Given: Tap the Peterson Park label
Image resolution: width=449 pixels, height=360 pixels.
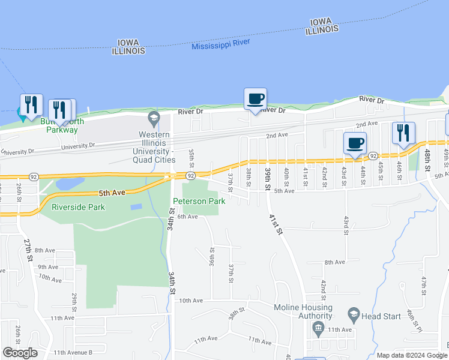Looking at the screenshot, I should (199, 201).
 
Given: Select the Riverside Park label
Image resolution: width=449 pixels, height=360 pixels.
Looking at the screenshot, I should (79, 207).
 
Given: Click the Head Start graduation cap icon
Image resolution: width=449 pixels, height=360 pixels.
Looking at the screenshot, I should (354, 314).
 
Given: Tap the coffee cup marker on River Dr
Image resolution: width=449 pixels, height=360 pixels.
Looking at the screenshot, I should (255, 98).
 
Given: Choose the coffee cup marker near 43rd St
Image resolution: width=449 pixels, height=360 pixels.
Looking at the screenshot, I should (355, 143).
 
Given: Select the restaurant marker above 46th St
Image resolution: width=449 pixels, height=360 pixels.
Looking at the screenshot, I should (403, 133).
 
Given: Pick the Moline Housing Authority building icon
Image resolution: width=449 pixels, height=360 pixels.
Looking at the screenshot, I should (318, 328).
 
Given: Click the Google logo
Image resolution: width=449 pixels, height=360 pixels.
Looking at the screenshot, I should (20, 353).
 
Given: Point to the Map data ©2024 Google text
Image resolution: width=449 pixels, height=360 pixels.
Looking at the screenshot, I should (411, 355).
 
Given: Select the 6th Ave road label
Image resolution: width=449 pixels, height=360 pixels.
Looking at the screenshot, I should (187, 217).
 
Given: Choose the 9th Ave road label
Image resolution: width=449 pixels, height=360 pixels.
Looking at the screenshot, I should (47, 267).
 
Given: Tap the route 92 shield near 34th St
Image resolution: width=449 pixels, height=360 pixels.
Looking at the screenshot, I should (190, 176).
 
